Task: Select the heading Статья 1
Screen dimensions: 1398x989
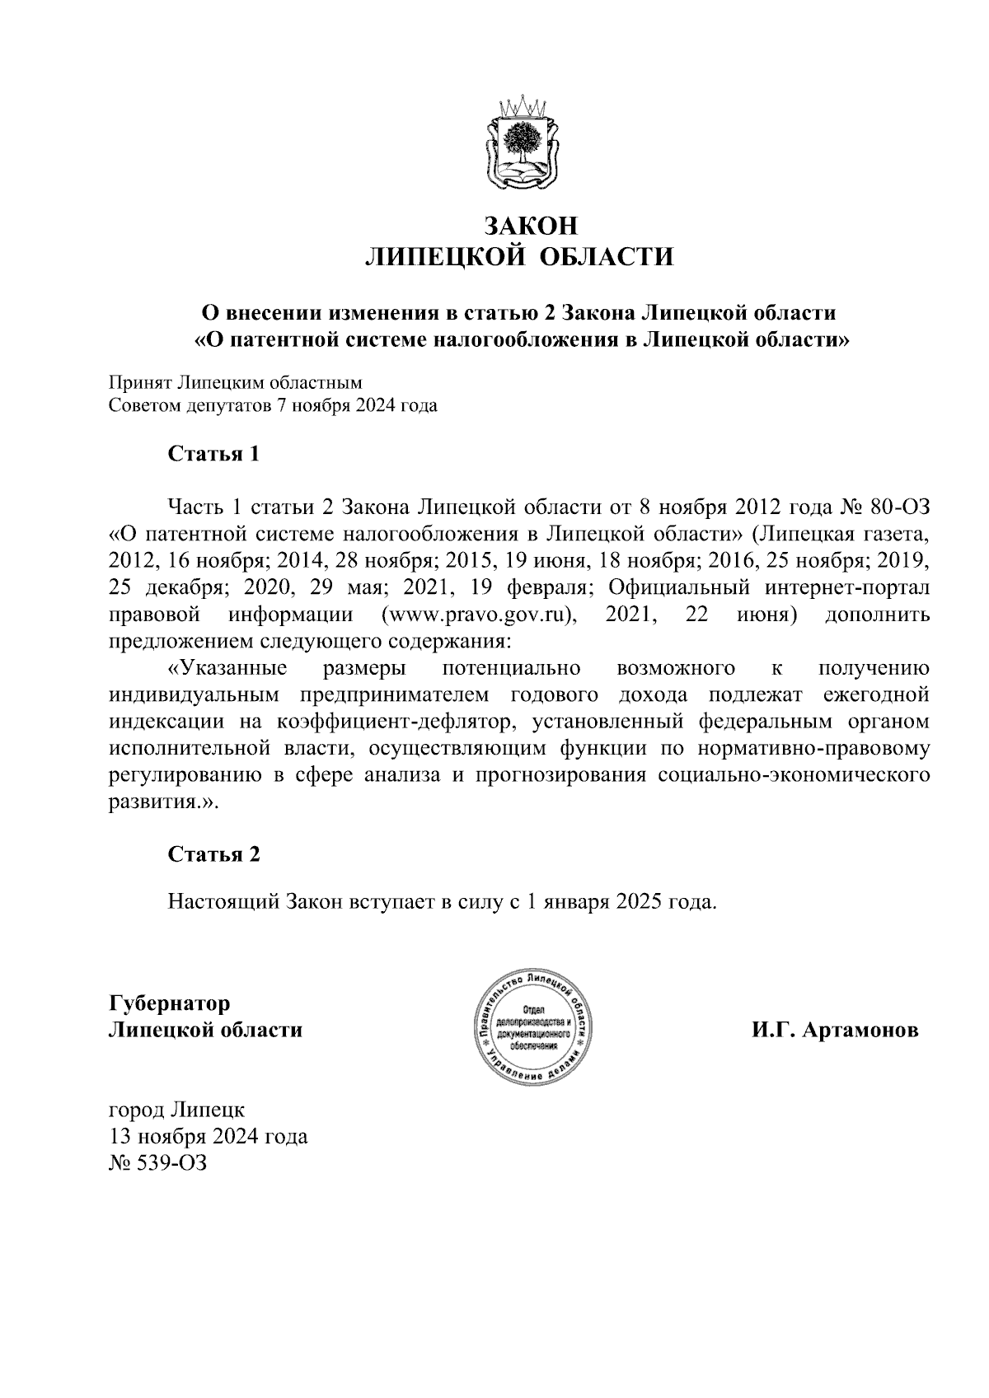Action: coord(213,454)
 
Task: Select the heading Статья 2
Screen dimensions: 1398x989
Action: coord(213,854)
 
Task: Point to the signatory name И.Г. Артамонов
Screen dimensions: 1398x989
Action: coord(834,1031)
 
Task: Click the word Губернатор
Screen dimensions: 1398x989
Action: coord(169,1003)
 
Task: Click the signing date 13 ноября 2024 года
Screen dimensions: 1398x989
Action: coord(208,1137)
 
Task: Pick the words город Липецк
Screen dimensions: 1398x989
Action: coord(176,1110)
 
